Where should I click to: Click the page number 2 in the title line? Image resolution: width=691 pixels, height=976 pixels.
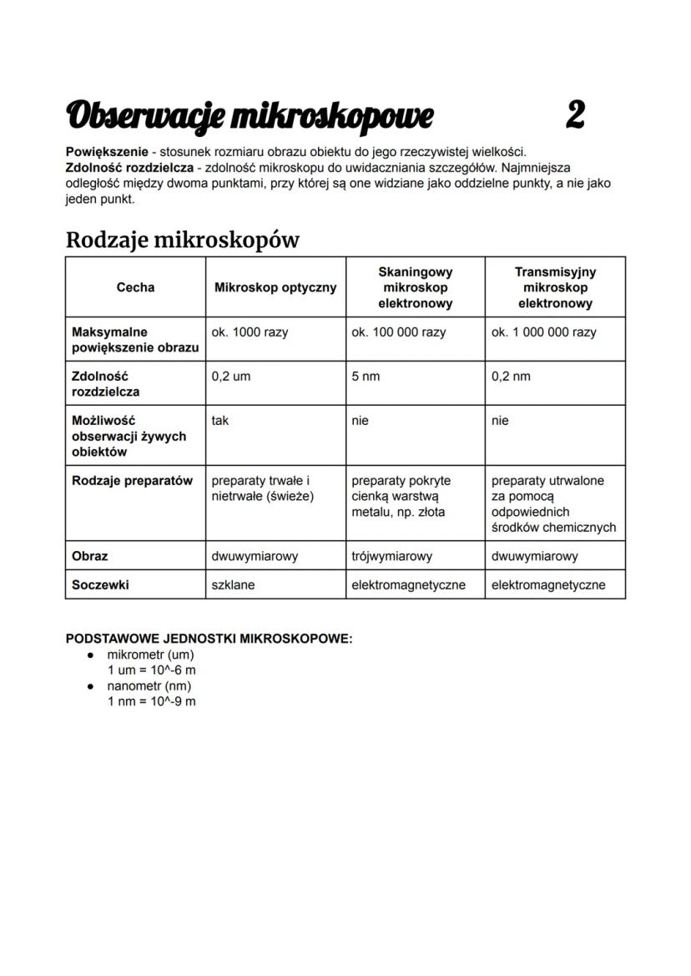(574, 115)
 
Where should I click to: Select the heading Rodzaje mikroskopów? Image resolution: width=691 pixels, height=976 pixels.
(182, 240)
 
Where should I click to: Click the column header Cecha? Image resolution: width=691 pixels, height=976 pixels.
(135, 287)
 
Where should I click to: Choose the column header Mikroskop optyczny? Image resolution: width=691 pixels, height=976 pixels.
(275, 287)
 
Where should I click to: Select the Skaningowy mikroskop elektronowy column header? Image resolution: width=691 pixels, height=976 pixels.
(415, 287)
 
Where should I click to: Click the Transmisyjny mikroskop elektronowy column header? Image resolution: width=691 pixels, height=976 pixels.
(555, 287)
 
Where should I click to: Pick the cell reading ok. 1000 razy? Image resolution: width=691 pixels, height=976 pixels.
(250, 332)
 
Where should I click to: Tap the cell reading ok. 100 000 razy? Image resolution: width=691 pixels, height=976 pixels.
(398, 332)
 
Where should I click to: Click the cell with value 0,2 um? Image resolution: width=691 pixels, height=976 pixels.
(230, 377)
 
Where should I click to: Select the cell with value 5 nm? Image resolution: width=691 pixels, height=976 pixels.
(366, 377)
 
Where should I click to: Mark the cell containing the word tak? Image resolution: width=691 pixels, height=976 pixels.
(220, 421)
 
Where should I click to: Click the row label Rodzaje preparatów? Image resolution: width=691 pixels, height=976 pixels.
(132, 481)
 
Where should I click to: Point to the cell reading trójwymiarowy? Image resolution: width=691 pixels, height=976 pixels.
(391, 556)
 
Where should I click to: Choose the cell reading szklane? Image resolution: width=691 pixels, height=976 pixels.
(233, 585)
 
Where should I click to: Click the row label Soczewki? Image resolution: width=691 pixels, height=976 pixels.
(100, 585)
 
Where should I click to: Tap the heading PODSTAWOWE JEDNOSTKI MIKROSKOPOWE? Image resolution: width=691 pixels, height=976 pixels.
(209, 639)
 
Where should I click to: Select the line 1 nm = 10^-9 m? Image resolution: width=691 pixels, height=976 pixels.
(151, 700)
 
